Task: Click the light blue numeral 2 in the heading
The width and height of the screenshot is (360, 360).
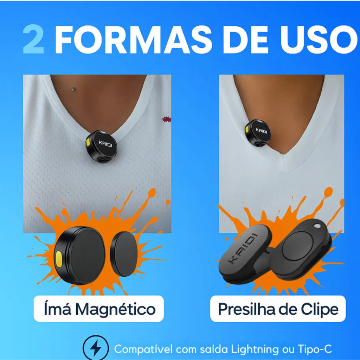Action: click(x=33, y=39)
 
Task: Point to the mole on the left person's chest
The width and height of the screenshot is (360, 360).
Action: click(x=73, y=89)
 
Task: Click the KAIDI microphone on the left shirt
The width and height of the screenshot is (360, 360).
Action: click(x=102, y=147)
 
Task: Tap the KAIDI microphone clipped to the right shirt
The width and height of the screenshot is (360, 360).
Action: click(x=258, y=133)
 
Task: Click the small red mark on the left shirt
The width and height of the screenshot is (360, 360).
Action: click(x=167, y=119)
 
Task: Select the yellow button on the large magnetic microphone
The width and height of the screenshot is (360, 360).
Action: click(x=59, y=259)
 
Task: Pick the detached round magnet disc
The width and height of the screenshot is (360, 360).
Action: click(x=124, y=254)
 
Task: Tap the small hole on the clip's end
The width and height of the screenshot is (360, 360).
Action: click(x=317, y=226)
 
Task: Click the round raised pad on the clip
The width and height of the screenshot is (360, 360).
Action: click(x=297, y=246)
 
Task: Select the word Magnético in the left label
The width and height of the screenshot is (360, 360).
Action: click(x=115, y=309)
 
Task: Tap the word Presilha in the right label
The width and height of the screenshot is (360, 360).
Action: click(x=246, y=309)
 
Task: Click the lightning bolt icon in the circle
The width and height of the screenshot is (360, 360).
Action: click(x=96, y=348)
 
